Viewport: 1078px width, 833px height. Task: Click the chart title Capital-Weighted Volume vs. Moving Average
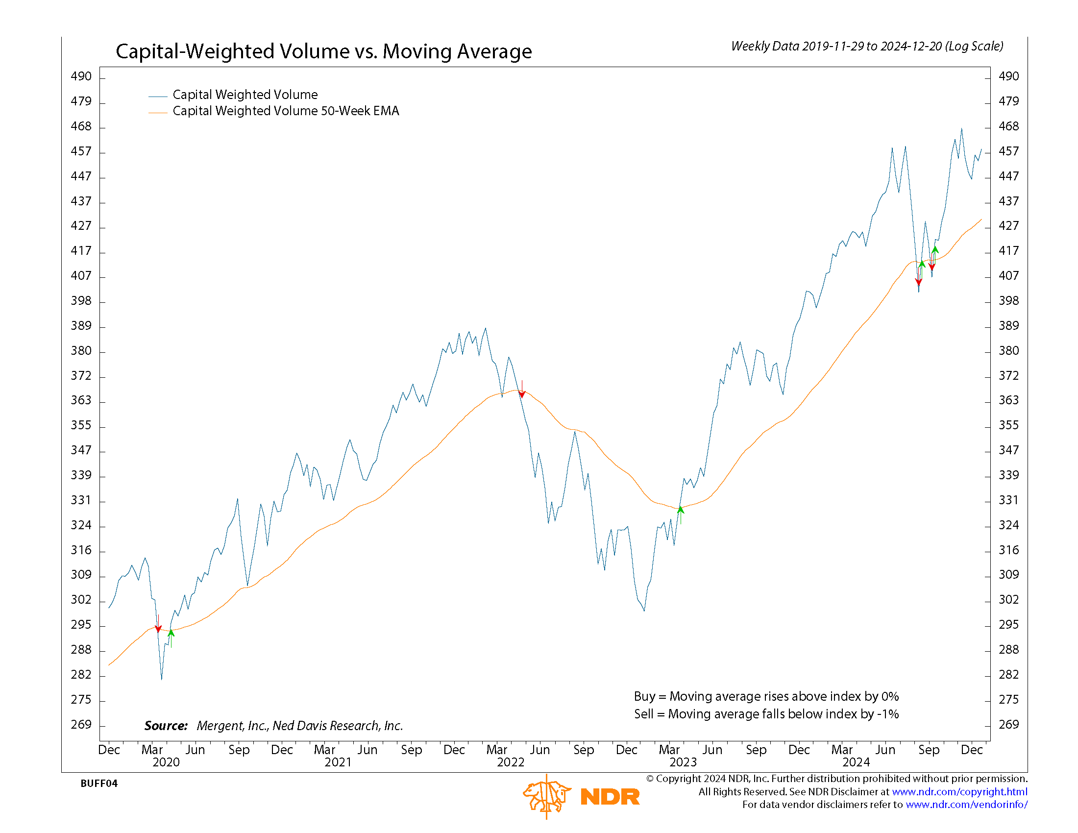323,51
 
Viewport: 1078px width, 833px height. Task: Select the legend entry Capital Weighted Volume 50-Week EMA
285,111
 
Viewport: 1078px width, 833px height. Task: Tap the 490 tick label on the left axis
81,76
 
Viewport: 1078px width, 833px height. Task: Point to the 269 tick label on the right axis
1008,724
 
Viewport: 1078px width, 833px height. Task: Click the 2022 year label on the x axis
511,762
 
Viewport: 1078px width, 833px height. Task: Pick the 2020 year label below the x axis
166,762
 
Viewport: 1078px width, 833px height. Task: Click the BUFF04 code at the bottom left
98,784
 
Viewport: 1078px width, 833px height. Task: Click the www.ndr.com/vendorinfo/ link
966,805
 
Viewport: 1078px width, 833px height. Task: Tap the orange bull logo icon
546,795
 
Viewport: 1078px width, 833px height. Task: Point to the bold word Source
166,726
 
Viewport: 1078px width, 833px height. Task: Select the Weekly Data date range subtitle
867,47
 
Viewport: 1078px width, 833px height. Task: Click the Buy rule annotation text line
766,696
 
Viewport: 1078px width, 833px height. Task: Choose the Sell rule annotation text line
766,714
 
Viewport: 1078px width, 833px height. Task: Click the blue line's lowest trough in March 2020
161,679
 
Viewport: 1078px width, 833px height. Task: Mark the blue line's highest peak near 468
961,129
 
